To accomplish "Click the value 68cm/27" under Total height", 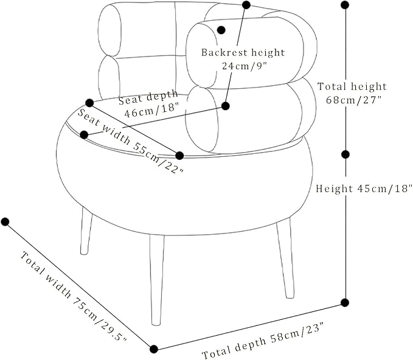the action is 354,100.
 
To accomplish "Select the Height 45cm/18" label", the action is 364,189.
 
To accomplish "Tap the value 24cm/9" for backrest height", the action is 245,66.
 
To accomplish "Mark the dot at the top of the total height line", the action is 345,5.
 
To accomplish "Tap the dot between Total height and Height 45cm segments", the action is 345,154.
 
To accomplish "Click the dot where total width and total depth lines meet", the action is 154,349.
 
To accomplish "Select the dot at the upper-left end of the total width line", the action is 5,222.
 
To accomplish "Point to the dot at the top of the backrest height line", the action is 246,5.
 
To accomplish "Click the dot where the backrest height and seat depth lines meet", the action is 226,106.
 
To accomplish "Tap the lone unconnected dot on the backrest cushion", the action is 221,30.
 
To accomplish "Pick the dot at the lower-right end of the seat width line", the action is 179,156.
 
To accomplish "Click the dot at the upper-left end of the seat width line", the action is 89,103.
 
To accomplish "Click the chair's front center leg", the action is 157,279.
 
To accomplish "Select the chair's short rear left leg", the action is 86,231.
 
